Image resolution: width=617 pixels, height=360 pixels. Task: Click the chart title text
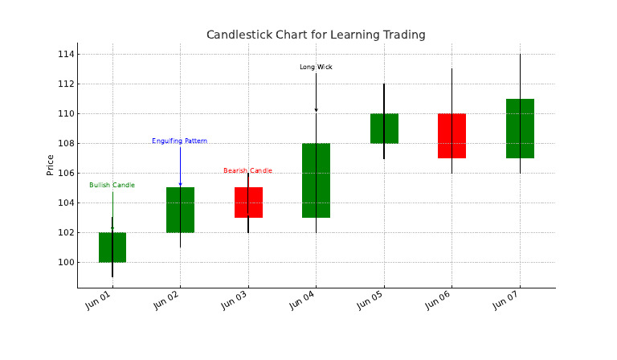click(316, 35)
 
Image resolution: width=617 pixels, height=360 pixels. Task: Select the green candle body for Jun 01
click(112, 247)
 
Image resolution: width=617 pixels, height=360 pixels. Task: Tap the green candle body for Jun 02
click(180, 210)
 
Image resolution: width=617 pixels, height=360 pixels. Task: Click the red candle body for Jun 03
click(248, 202)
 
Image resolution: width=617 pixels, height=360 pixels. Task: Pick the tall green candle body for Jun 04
click(316, 181)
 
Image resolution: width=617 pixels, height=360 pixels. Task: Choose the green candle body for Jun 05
click(384, 129)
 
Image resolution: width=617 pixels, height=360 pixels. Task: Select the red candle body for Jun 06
click(452, 136)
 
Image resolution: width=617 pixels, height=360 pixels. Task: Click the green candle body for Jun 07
click(520, 129)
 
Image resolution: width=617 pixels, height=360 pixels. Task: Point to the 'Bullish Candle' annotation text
click(112, 186)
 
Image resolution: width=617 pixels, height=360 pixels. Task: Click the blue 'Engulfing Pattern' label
click(179, 141)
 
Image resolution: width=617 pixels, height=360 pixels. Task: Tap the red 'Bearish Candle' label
click(248, 170)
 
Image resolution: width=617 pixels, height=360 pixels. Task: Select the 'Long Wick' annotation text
click(316, 67)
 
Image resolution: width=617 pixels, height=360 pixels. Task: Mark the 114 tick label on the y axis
click(66, 55)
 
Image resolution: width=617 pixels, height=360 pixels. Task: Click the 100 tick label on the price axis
click(66, 263)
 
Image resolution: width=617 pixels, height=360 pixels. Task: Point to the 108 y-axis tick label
click(66, 144)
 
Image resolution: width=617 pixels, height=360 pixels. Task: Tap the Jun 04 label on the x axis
click(302, 301)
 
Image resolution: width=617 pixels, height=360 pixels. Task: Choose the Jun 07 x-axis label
click(505, 301)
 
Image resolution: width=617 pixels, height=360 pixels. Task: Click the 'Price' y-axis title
click(50, 166)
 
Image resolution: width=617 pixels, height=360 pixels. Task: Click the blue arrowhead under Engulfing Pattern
click(180, 185)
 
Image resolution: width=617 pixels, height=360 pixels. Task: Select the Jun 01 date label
click(98, 301)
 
